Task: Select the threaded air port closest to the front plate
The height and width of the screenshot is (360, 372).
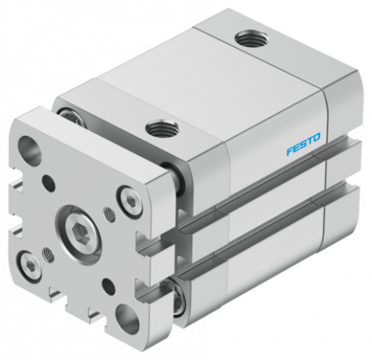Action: [x=157, y=128]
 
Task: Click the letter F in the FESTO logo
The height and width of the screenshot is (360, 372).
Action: [x=290, y=153]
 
